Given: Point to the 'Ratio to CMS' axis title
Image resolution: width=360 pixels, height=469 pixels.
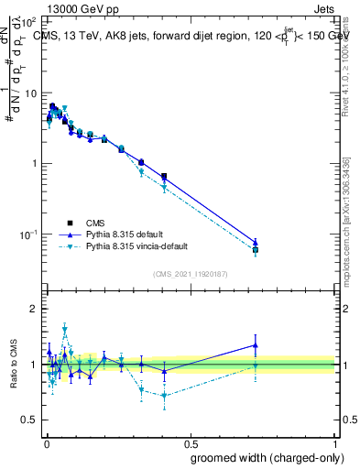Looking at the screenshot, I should (x=13, y=364).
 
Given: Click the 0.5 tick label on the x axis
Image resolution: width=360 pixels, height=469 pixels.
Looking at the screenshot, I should (x=190, y=442).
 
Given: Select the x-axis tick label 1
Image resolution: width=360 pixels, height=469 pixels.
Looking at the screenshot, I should (x=336, y=442).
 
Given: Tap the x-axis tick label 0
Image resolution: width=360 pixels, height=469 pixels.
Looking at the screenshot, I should (x=45, y=442).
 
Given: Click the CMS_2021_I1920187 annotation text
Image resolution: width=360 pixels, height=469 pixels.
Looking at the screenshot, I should (x=190, y=273).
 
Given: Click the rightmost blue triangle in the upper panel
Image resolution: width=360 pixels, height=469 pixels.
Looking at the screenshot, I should (x=256, y=243).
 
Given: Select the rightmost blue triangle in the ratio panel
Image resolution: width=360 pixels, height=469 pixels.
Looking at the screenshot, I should (x=256, y=345).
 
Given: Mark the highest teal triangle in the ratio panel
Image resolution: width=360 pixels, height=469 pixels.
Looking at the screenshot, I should (x=65, y=327).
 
